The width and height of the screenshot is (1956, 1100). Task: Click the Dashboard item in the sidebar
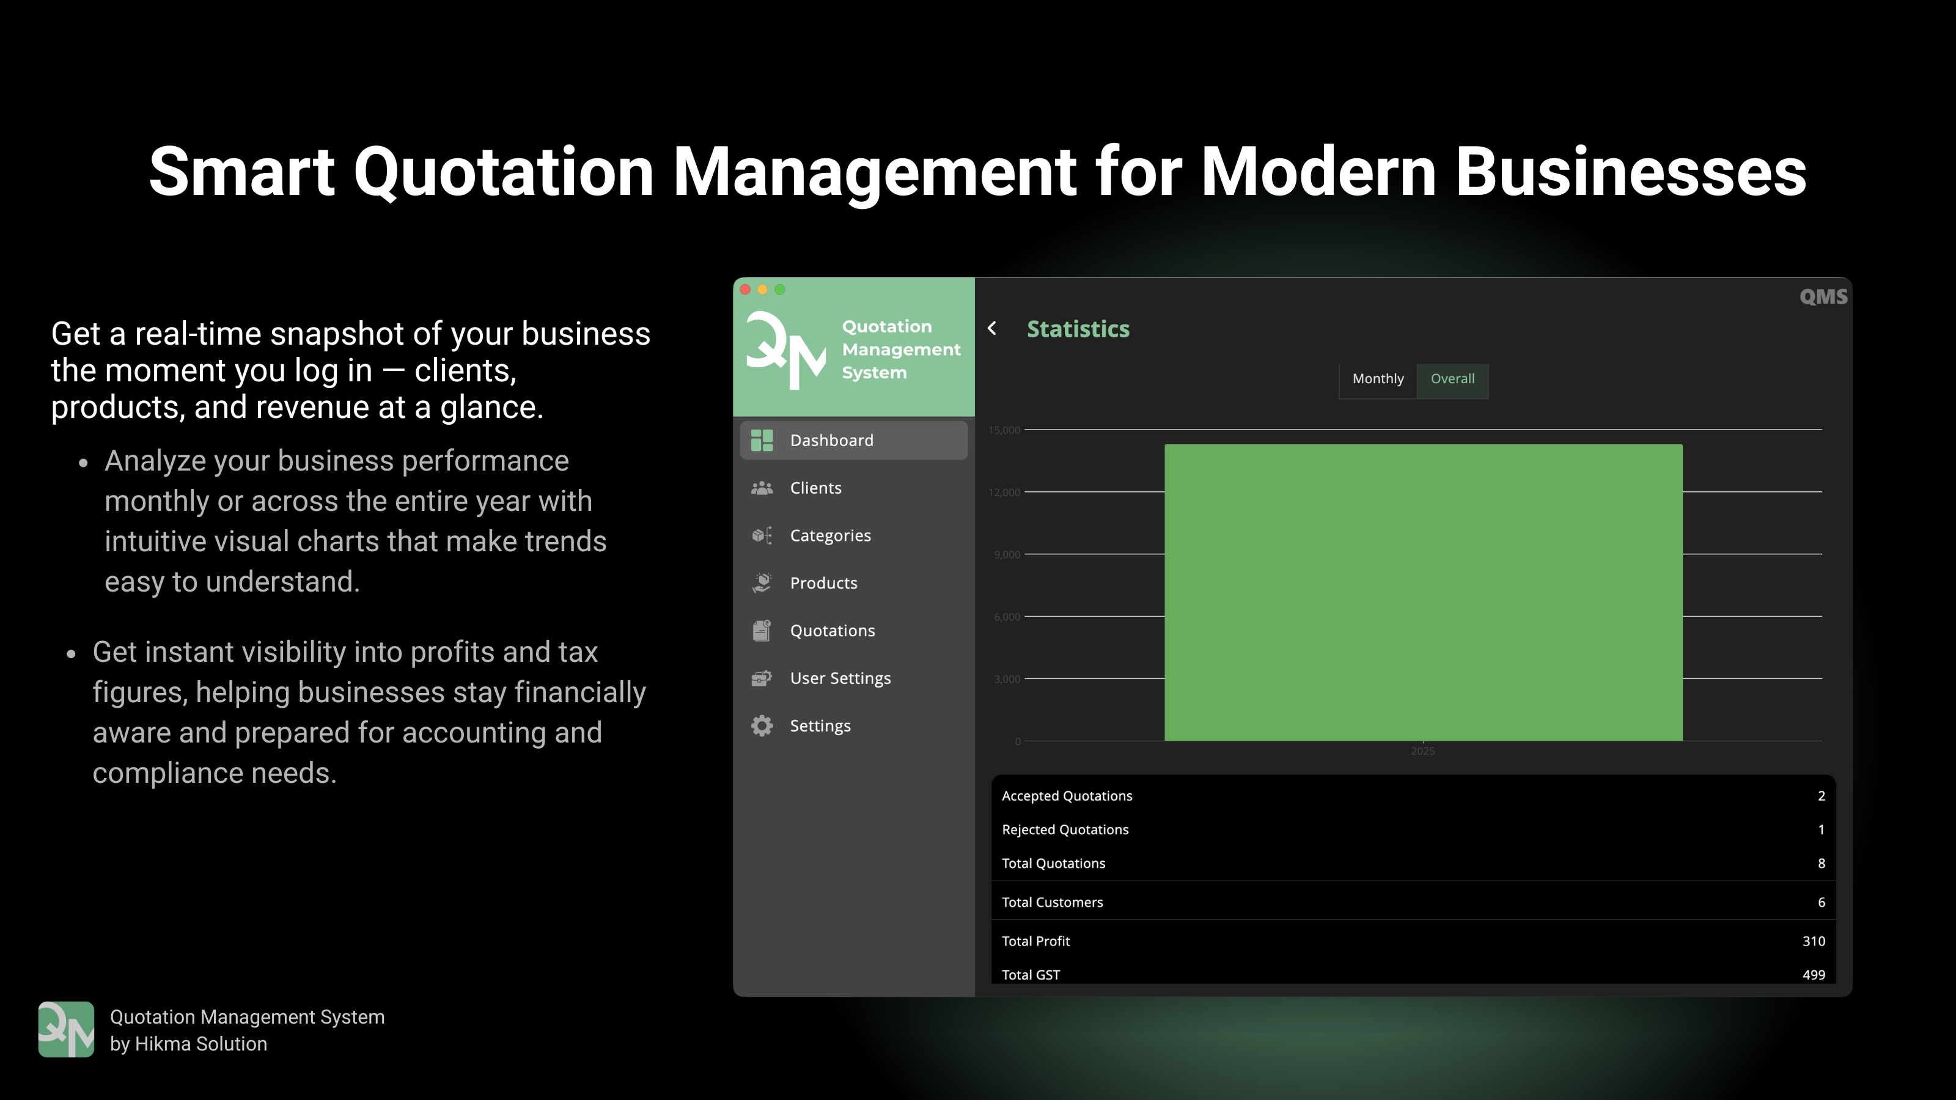point(831,440)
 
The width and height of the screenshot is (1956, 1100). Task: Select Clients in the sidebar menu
point(815,488)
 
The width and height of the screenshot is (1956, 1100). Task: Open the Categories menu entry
point(830,536)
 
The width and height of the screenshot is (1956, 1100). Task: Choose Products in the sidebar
point(823,583)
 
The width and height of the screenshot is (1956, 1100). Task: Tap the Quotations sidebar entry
point(832,631)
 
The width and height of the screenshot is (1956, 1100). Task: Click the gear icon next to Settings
point(762,726)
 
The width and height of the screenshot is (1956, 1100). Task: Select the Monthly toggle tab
point(1377,379)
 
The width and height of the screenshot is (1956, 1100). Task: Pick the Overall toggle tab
point(1452,379)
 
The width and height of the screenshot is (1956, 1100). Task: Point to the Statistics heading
point(1078,329)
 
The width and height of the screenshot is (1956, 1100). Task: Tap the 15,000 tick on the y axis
point(1004,430)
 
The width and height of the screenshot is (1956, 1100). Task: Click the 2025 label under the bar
point(1422,751)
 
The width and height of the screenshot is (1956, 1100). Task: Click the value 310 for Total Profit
point(1813,941)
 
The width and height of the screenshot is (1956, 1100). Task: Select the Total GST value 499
point(1813,975)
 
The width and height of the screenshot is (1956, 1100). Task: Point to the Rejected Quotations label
point(1065,830)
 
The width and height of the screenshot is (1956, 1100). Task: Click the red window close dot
point(745,289)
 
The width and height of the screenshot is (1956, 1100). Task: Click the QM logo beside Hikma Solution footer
point(66,1029)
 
